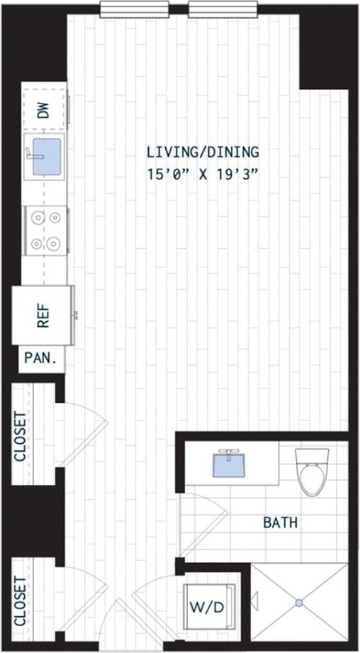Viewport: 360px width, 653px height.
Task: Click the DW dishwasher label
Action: pos(44,110)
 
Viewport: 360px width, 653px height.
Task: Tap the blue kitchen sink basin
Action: pos(47,157)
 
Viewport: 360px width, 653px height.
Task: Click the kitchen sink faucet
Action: pos(33,154)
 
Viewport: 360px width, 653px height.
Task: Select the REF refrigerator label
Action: pos(43,315)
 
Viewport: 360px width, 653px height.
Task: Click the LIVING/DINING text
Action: pos(203,152)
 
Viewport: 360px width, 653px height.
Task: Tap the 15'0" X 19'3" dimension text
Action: pos(203,174)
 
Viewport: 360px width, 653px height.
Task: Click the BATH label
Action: pos(281,523)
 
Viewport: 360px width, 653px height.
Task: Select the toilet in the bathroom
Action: pos(312,471)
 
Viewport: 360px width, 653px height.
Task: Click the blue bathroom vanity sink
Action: pos(228,465)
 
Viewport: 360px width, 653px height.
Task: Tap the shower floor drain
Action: pos(299,603)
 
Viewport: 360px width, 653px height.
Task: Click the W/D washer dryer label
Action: pos(207,607)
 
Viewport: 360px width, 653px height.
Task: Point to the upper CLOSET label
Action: pos(21,437)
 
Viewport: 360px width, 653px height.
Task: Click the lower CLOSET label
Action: pos(21,601)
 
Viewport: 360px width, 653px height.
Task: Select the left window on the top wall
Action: pos(135,9)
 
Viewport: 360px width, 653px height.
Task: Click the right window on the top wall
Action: pos(223,9)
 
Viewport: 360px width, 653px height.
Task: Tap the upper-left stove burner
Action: pos(38,217)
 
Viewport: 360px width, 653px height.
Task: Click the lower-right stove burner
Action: pos(53,244)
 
